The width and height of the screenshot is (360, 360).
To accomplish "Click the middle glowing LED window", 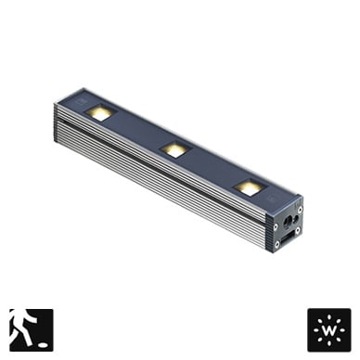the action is pyautogui.click(x=175, y=149).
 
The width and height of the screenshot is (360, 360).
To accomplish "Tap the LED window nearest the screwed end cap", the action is pyautogui.click(x=249, y=186).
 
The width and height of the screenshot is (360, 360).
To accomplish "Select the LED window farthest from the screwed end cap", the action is pyautogui.click(x=100, y=112).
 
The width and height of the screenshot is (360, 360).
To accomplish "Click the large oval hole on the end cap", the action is pyautogui.click(x=288, y=221).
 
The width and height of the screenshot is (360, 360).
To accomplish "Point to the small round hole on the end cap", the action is pyautogui.click(x=296, y=219).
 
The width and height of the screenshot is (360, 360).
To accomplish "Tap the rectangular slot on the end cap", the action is pyautogui.click(x=287, y=239).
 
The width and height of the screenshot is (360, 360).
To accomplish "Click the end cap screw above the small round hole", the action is pyautogui.click(x=300, y=210).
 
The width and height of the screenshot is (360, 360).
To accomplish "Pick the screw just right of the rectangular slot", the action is pyautogui.click(x=298, y=230).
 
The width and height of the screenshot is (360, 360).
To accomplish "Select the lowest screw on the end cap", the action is pyautogui.click(x=277, y=244).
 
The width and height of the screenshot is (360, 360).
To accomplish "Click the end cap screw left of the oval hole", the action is pyautogui.click(x=276, y=226).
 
